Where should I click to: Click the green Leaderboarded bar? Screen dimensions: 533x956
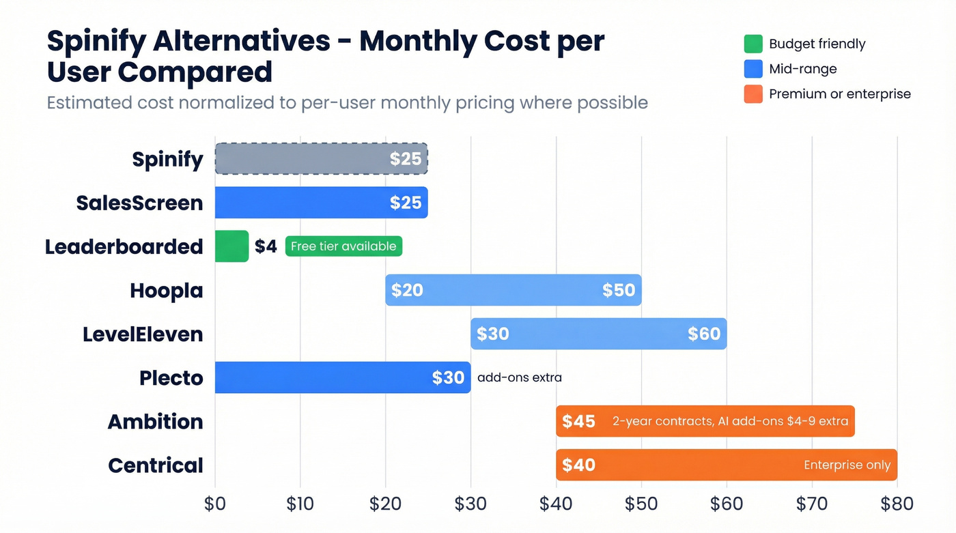tap(231, 246)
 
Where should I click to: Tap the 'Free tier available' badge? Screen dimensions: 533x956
tap(343, 246)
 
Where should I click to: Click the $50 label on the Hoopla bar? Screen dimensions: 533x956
tap(618, 290)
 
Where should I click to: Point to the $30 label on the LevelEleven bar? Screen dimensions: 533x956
tap(492, 334)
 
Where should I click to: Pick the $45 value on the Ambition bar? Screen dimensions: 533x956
tap(578, 421)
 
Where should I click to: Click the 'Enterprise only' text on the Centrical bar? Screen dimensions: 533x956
tap(847, 465)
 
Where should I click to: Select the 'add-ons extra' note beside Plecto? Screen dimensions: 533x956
tap(519, 377)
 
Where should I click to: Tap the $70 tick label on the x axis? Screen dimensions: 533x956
tap(811, 504)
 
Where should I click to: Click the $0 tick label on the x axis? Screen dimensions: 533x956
tap(215, 504)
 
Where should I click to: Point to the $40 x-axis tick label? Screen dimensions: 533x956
tap(556, 504)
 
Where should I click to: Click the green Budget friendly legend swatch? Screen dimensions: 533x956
tap(753, 44)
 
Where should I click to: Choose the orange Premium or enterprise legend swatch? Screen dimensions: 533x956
tap(753, 93)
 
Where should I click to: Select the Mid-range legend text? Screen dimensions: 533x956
tap(802, 69)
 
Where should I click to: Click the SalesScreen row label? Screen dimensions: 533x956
tap(139, 203)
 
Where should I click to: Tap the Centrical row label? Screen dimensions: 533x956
tap(156, 465)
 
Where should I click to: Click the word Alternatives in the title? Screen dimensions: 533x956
tap(242, 42)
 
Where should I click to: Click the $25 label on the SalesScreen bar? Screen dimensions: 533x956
tap(406, 203)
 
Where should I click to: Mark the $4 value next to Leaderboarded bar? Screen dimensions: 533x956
tap(266, 246)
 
